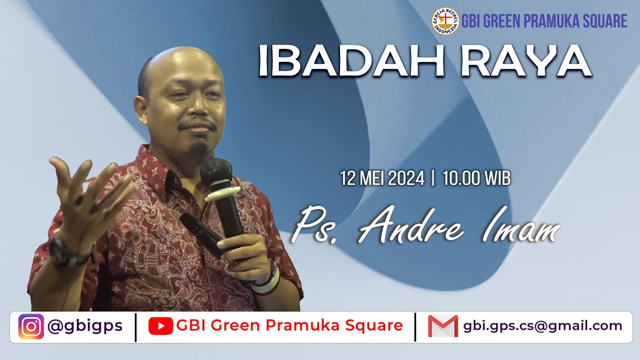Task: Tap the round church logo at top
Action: click(445, 21)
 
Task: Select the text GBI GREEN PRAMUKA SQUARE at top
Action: click(544, 21)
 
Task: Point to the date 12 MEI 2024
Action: click(382, 178)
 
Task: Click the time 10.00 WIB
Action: click(476, 178)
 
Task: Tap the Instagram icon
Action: click(31, 326)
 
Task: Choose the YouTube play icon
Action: click(160, 326)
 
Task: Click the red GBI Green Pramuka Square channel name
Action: click(289, 326)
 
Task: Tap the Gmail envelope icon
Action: click(442, 326)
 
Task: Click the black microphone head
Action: click(216, 172)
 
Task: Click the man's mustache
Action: click(197, 124)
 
